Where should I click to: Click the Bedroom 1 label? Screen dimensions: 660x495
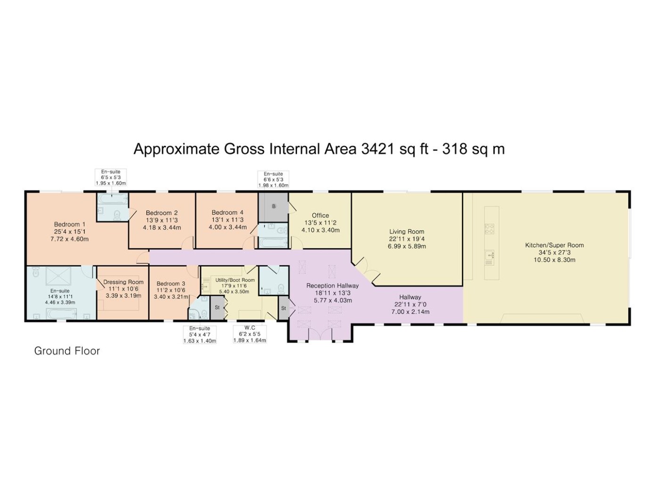69,224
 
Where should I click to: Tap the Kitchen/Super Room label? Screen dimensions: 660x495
554,245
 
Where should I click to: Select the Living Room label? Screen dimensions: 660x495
406,231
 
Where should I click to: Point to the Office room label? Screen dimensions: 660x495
320,215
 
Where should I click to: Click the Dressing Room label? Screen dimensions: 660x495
124,282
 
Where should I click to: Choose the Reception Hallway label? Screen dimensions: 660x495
332,286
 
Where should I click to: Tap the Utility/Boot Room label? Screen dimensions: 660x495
235,280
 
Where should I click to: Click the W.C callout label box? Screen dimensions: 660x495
249,334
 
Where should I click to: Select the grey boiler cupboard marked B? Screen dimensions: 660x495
273,207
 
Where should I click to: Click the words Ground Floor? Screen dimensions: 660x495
67,351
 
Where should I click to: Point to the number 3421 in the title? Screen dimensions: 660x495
377,149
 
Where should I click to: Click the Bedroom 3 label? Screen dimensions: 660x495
171,283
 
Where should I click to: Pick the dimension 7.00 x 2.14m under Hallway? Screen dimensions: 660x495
410,312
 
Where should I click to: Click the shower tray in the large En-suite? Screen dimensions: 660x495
58,276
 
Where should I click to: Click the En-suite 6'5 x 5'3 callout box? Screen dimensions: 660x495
111,177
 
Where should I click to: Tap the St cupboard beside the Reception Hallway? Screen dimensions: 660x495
283,308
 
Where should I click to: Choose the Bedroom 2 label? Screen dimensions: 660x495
162,213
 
